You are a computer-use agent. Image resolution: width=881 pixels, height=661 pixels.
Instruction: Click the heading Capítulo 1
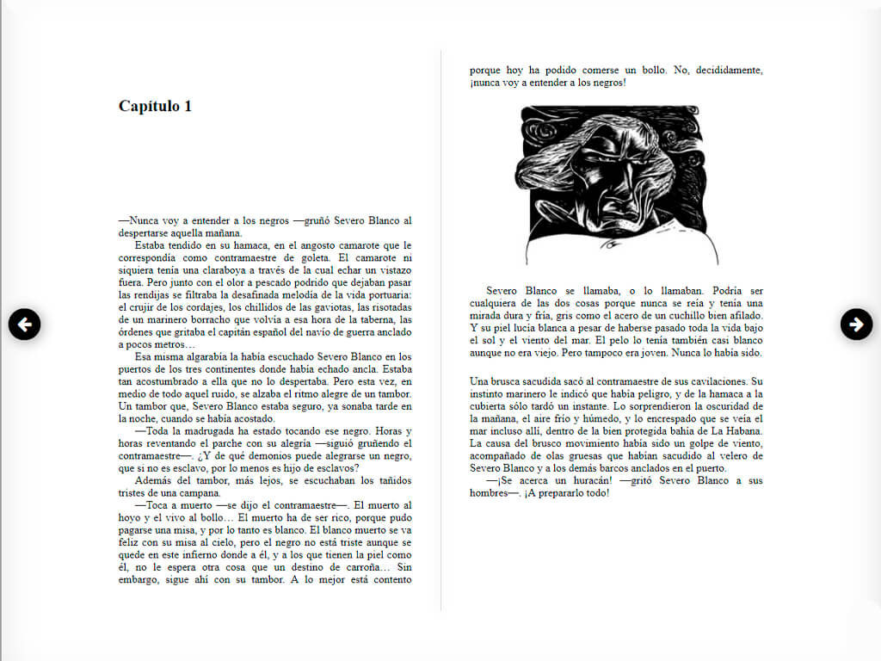(155, 106)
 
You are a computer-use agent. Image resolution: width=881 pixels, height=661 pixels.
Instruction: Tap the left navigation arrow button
(25, 324)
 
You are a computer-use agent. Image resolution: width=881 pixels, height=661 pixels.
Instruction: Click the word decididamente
(722, 71)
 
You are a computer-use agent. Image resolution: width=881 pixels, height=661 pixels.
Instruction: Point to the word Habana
(742, 430)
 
